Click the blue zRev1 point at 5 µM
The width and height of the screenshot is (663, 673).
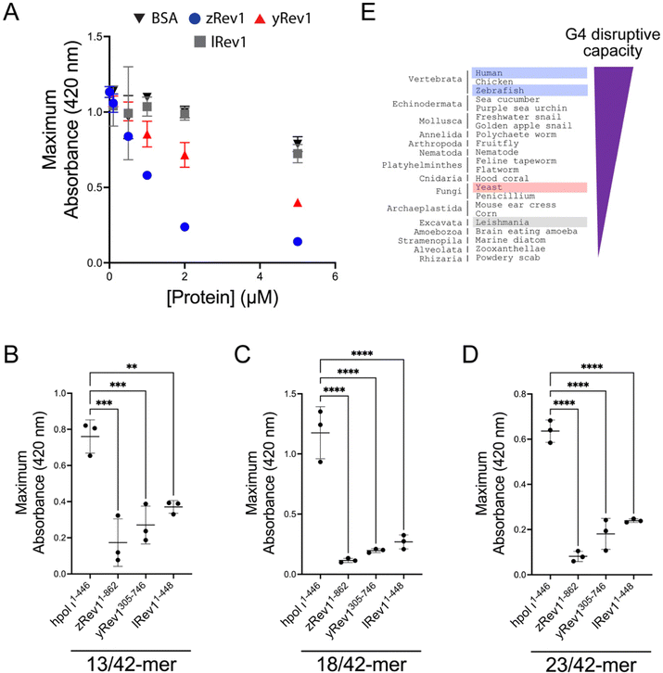coord(298,241)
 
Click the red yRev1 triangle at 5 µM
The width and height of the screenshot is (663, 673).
coord(298,202)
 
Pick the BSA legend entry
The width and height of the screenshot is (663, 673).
coord(151,19)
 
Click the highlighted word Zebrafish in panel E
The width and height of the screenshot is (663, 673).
coord(495,90)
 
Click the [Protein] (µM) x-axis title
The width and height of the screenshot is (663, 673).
coord(220,298)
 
